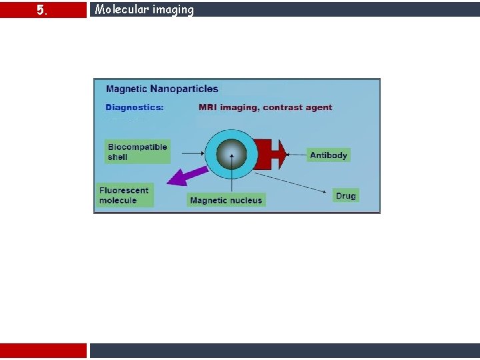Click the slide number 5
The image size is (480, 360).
click(x=41, y=10)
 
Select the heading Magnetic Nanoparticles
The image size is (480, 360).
click(x=162, y=89)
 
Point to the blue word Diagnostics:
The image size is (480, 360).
click(x=135, y=107)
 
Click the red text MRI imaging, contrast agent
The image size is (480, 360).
click(x=265, y=107)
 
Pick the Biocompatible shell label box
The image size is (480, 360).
click(x=137, y=151)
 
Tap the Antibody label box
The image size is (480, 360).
click(x=328, y=155)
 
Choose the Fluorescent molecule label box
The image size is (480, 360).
click(x=125, y=195)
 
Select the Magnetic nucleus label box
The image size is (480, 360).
click(x=226, y=200)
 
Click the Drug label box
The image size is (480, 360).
click(x=345, y=195)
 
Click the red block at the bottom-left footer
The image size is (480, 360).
click(x=43, y=351)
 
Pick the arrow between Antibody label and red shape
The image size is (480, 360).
click(x=297, y=155)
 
